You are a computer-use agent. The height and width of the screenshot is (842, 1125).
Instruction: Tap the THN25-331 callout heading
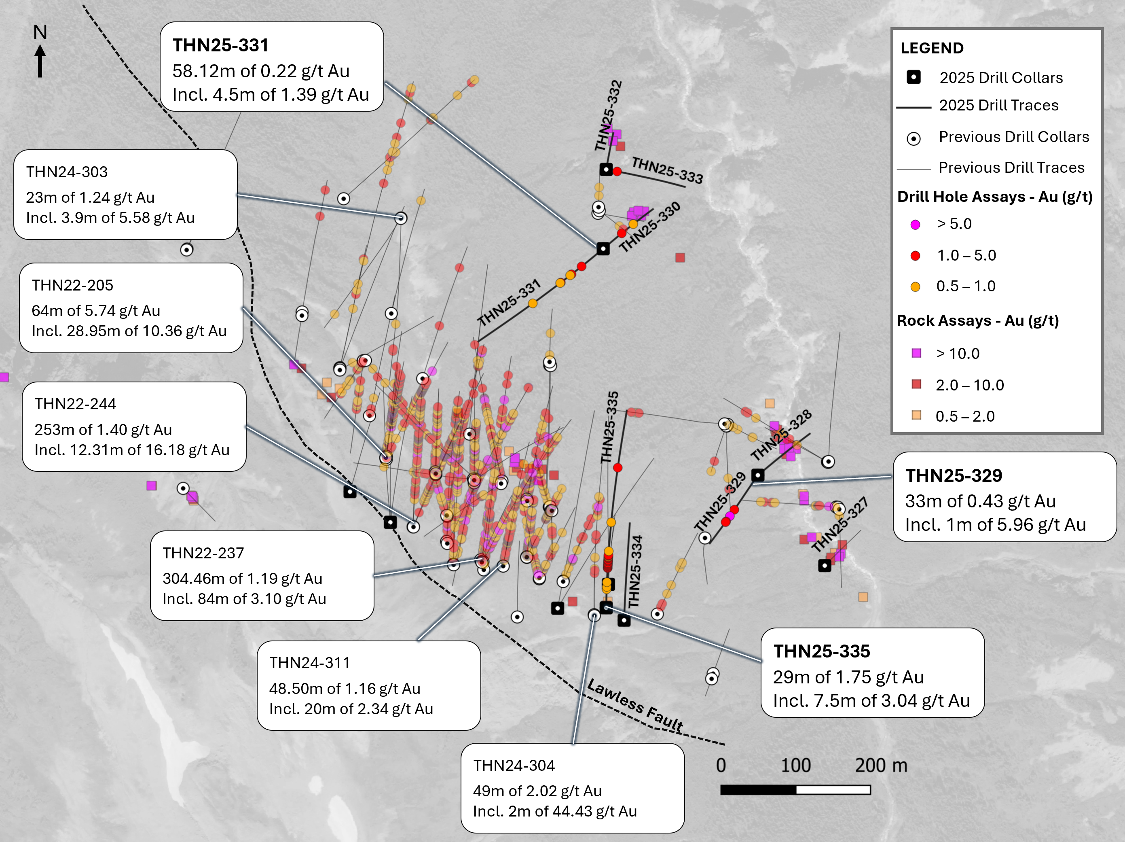[x=220, y=45]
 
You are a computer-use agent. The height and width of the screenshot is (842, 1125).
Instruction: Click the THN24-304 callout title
[x=514, y=765]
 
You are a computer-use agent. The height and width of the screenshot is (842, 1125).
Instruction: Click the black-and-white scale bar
[x=795, y=789]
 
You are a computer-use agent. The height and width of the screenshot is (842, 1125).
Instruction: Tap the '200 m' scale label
[x=880, y=765]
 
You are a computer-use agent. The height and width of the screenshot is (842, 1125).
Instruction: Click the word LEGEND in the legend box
[x=932, y=48]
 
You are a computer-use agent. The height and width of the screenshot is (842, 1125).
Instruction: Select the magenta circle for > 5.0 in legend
[x=915, y=225]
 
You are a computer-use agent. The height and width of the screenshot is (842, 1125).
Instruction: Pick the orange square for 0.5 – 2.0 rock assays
[x=916, y=415]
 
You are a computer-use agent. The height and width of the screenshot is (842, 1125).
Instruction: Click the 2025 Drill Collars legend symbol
[x=914, y=77]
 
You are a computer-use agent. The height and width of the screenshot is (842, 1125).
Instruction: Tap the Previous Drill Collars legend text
[x=1014, y=137]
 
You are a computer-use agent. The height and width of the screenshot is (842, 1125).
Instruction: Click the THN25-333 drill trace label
[x=667, y=170]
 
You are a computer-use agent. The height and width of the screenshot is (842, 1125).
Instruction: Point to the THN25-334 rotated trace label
[x=635, y=571]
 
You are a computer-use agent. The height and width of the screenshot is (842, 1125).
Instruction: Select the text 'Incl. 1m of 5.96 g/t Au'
[x=995, y=524]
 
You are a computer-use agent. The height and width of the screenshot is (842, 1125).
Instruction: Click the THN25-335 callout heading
[x=821, y=651]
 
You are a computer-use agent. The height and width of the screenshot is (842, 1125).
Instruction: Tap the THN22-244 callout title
[x=75, y=404]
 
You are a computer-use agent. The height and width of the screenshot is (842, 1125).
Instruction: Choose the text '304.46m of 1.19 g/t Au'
[x=242, y=579]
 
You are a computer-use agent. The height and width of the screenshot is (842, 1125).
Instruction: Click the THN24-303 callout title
[x=67, y=172]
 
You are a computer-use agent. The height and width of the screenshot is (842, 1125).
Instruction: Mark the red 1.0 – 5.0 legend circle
[x=915, y=256]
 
